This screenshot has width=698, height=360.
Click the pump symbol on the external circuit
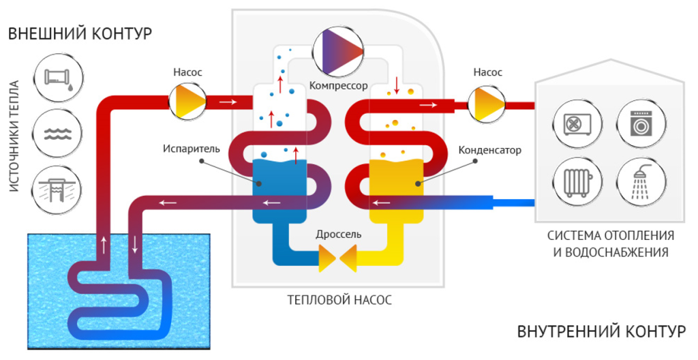point(187,102)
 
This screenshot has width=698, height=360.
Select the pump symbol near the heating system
point(487,104)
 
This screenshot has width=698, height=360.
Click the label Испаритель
point(192,149)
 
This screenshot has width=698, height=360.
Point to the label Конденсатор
point(489,150)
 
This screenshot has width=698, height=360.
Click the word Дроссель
point(338,235)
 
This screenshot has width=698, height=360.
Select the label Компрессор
point(338,85)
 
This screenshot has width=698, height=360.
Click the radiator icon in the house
point(577,182)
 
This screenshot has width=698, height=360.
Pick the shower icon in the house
point(641,182)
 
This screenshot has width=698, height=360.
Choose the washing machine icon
point(641,123)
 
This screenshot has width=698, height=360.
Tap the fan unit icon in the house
point(577,123)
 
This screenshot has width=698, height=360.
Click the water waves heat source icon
point(57,134)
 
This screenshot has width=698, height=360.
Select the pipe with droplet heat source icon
point(57,78)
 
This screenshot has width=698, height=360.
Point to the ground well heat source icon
point(57,190)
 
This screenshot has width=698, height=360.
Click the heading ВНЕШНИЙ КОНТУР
point(80,34)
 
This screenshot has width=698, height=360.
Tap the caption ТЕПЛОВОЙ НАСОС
point(339,300)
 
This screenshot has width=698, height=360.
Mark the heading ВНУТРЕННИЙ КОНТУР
point(602,331)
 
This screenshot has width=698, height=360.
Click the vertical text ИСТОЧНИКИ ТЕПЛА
point(14,136)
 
